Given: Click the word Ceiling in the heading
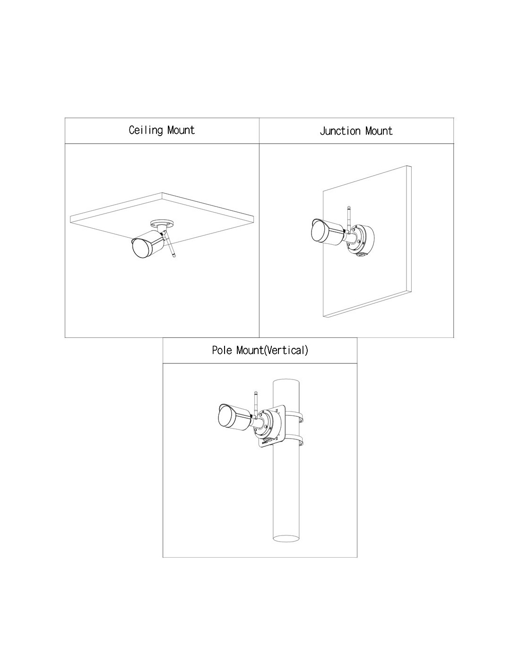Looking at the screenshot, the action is (x=146, y=130).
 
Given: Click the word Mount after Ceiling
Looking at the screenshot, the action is (x=181, y=130).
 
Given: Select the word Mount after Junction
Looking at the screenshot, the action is (x=379, y=131).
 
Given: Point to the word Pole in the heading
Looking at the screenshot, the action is (x=222, y=350).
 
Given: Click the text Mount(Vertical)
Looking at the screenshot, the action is (x=272, y=350).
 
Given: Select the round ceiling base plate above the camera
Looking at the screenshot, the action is (x=162, y=223).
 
